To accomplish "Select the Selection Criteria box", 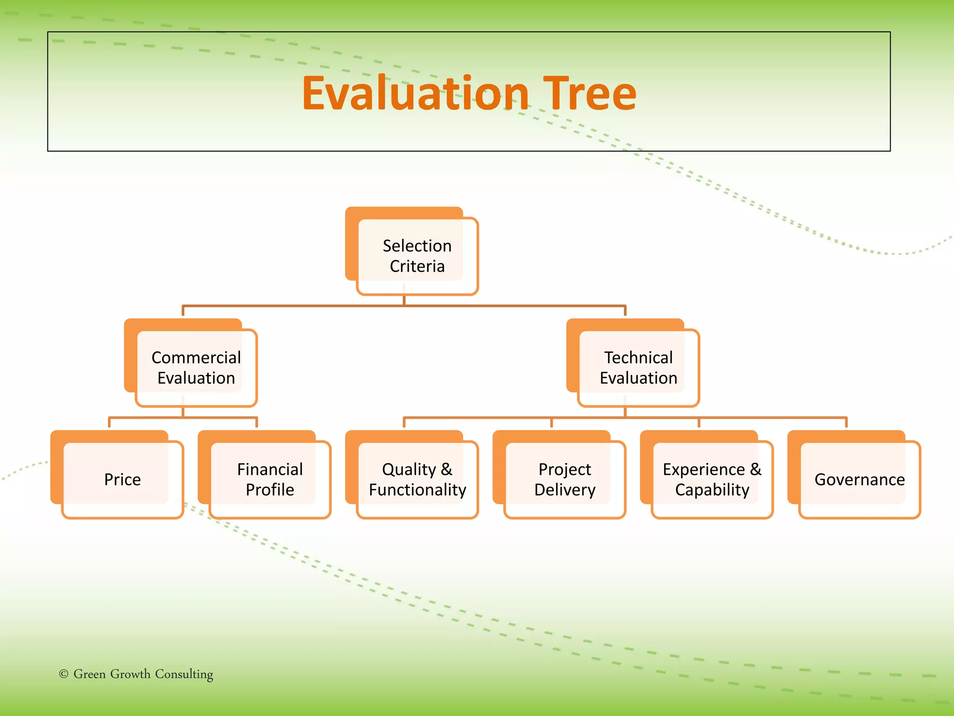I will tap(417, 256).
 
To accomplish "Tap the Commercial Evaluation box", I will tap(196, 368).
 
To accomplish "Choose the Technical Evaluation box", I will tap(638, 368).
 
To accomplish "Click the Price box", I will tap(122, 479).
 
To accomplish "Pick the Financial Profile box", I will tap(270, 479).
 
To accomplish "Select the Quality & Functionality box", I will tap(417, 479).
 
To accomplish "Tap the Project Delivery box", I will tap(565, 479).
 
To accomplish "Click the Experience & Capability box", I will tap(712, 479).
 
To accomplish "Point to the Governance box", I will tap(859, 479).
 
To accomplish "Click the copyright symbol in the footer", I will tap(64, 674).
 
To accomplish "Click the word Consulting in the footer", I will tap(184, 675).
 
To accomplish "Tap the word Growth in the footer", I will tap(130, 674).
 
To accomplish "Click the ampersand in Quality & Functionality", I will tap(446, 469).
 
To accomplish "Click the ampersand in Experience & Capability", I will tap(756, 469).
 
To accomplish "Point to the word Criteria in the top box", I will tap(417, 266).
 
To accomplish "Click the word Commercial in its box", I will tap(196, 358).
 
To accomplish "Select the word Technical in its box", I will tap(638, 358).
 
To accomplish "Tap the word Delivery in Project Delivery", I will tap(565, 490).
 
